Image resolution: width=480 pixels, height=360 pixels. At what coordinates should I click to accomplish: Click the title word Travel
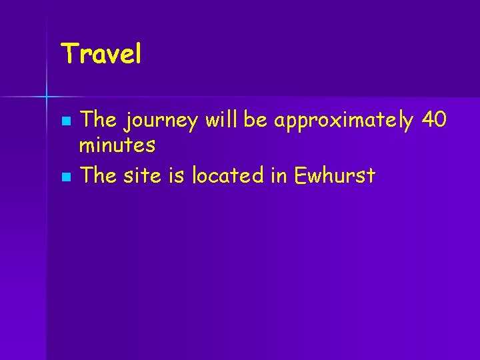click(101, 54)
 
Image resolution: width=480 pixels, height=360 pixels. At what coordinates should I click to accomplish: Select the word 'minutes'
click(118, 144)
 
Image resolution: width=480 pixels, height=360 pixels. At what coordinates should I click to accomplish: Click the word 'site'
click(143, 175)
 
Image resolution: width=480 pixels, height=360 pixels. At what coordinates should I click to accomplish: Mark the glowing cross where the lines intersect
click(47, 97)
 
